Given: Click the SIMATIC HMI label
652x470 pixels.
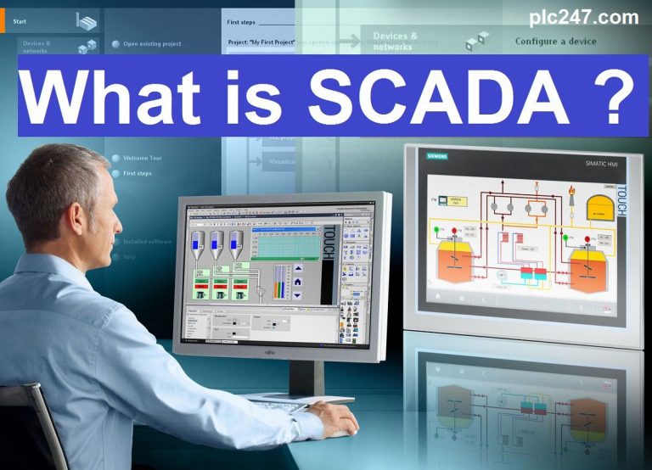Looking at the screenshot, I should pos(602,164).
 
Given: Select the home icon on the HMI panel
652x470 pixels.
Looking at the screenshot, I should pos(438,298).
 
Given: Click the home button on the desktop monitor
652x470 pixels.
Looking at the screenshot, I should pos(298,269).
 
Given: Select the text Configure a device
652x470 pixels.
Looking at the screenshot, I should pos(555,41).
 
